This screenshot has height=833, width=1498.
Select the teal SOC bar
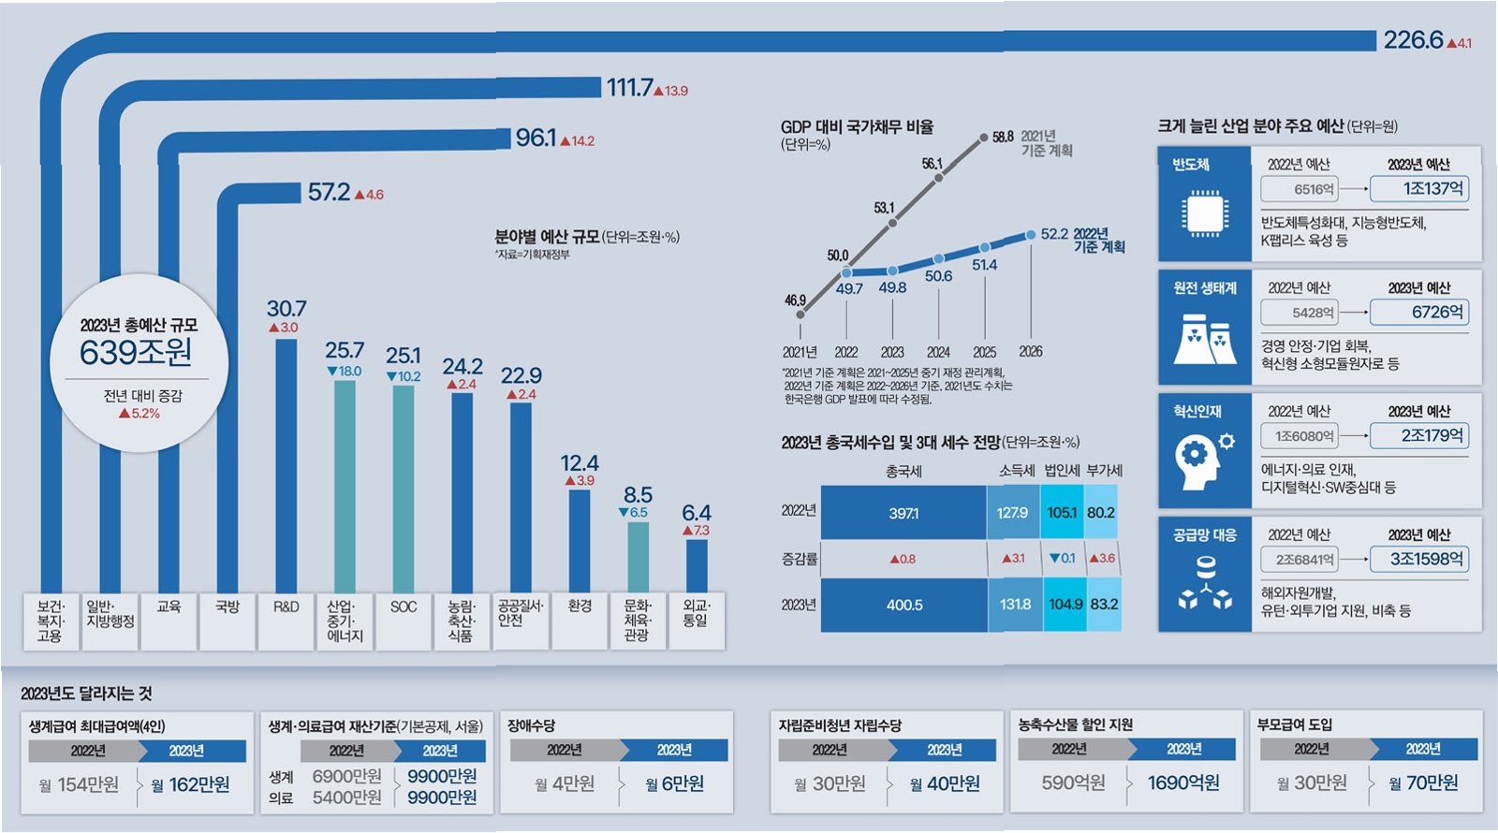(x=404, y=488)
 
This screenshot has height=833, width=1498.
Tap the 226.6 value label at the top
(x=1414, y=40)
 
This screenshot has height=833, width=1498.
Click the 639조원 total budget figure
(x=136, y=353)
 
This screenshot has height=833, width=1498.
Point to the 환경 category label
(x=580, y=606)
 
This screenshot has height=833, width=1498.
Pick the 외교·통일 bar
(x=696, y=565)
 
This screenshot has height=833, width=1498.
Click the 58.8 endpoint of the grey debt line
(x=984, y=138)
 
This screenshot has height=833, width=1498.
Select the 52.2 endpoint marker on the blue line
(x=1031, y=234)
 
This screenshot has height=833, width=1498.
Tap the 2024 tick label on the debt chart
(x=938, y=352)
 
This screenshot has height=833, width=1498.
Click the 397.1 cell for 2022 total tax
(x=903, y=513)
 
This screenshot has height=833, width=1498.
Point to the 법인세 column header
(x=1062, y=471)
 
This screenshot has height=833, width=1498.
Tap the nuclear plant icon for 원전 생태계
(x=1202, y=338)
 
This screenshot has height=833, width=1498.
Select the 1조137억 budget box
(x=1419, y=189)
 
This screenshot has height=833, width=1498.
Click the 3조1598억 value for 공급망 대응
(x=1419, y=560)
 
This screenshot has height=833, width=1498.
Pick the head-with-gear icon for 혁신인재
(x=1203, y=460)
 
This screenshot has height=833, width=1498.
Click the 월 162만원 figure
(x=191, y=784)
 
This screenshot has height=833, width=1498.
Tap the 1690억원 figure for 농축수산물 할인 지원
(x=1183, y=783)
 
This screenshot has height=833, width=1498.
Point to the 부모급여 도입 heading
(x=1295, y=724)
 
